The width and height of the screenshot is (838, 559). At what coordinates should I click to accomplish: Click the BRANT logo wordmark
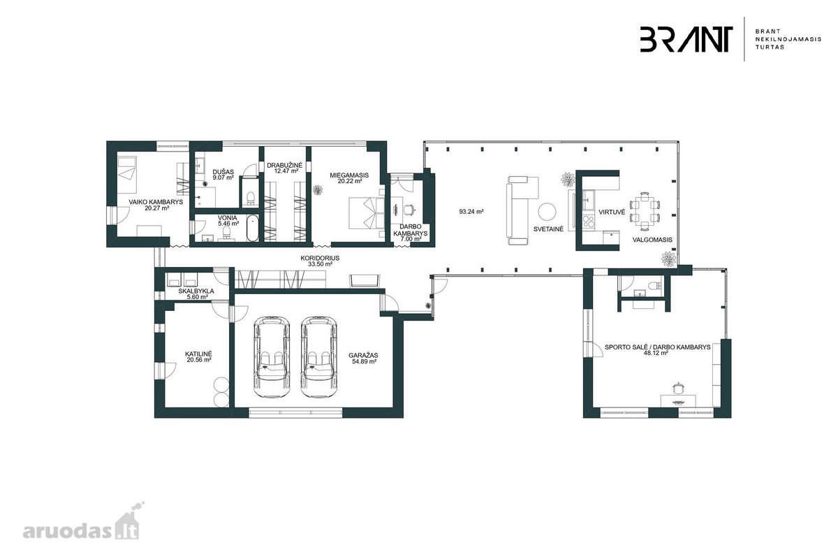click(x=686, y=39)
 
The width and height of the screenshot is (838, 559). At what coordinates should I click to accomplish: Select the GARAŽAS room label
click(x=363, y=356)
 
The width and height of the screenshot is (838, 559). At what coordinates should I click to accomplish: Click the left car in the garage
click(x=272, y=356)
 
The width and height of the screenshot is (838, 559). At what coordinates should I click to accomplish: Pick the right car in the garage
click(x=318, y=356)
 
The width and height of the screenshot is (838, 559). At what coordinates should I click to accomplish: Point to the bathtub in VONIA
click(x=253, y=228)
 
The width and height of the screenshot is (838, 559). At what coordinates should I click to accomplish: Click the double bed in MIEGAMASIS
click(x=366, y=212)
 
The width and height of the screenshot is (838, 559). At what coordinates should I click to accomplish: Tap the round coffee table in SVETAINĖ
click(x=547, y=212)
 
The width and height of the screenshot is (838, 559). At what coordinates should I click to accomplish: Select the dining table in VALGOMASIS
click(x=645, y=211)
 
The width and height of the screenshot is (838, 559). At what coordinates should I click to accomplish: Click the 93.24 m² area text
click(x=471, y=212)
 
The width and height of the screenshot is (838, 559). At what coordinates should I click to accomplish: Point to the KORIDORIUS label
click(x=320, y=258)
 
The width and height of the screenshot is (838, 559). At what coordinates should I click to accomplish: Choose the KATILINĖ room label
click(x=198, y=354)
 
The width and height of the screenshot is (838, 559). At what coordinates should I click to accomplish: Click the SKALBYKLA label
click(x=196, y=291)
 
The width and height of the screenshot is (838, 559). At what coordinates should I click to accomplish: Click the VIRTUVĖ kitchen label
click(x=612, y=212)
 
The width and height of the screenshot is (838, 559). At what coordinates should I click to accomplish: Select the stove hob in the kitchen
click(x=589, y=222)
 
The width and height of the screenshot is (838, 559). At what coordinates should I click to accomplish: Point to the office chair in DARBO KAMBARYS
click(x=410, y=210)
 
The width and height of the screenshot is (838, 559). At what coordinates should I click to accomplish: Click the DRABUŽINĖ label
click(x=284, y=165)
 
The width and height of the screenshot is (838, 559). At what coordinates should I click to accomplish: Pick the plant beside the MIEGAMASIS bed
click(x=318, y=190)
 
